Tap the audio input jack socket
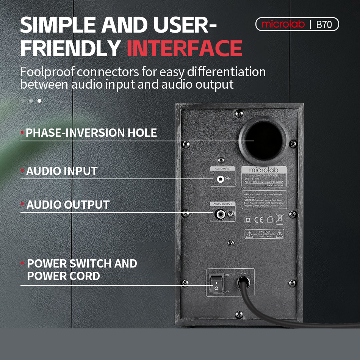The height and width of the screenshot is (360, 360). [219, 179]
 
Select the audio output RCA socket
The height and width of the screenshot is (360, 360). [219, 214]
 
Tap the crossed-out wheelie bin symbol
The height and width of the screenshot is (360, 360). [280, 219]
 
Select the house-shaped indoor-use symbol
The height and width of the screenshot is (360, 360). [269, 219]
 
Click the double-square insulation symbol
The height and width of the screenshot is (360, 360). [248, 219]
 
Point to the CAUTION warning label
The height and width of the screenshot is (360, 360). [264, 234]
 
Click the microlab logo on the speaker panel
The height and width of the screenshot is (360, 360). [264, 170]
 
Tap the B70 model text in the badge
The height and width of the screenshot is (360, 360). [324, 25]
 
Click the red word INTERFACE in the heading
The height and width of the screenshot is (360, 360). [184, 48]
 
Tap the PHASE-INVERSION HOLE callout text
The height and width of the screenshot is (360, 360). [91, 133]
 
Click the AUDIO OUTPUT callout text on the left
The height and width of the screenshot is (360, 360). [68, 205]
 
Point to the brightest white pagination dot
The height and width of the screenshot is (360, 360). [39, 101]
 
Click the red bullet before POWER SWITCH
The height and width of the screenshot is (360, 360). [23, 263]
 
